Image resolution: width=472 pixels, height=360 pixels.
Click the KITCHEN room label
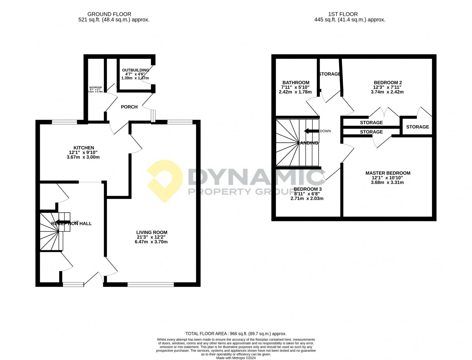coord(84,148)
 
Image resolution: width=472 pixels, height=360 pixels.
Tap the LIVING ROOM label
coord(152,233)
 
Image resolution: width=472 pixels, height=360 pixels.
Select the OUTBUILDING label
coord(135,70)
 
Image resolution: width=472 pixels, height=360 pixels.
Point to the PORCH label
coord(129,107)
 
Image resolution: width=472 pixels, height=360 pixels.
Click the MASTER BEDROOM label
coord(388,173)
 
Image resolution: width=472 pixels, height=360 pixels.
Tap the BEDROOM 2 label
coord(388,83)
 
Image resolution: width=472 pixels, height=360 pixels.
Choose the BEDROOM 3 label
coord(307,189)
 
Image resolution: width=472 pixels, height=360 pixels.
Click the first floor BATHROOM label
coord(296,83)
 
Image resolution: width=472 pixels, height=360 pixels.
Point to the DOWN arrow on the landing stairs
coord(312,131)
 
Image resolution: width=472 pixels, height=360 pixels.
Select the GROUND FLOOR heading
coord(109,14)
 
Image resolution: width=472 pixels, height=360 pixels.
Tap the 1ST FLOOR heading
coord(343,14)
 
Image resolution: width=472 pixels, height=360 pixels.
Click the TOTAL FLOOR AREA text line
coord(236,334)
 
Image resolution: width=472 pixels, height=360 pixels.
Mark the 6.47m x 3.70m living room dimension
coord(152,242)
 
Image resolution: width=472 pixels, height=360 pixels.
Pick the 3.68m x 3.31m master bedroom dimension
coord(387,183)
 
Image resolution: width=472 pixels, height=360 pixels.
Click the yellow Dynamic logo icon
coord(164,181)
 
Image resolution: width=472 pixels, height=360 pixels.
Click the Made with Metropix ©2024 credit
coord(236,358)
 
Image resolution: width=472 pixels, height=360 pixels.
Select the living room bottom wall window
coord(151,284)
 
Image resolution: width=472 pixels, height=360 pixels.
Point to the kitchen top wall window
coord(64,122)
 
